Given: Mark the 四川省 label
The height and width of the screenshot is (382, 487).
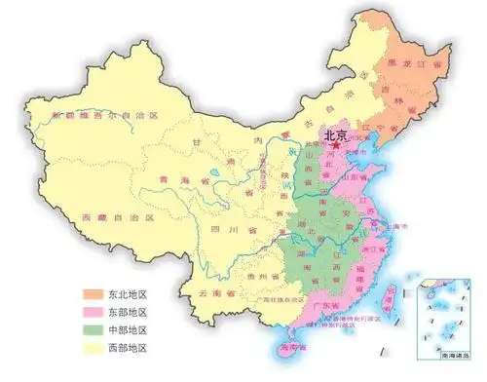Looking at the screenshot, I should (x=234, y=231).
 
